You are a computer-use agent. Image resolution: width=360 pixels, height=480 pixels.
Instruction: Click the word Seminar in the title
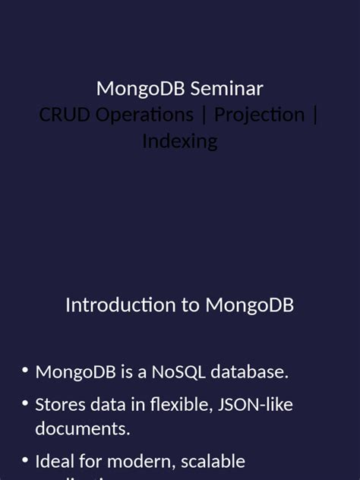pyautogui.click(x=226, y=89)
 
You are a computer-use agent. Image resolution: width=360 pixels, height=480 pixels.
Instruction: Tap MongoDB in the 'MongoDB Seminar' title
pyautogui.click(x=141, y=89)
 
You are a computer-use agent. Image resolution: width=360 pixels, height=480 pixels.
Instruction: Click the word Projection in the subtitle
pyautogui.click(x=259, y=115)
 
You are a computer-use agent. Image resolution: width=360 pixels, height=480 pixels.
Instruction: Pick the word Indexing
pyautogui.click(x=180, y=141)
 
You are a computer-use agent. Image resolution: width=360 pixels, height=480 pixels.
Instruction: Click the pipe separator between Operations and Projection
pyautogui.click(x=204, y=115)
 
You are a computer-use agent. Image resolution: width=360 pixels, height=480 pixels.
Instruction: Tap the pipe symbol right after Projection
pyautogui.click(x=315, y=115)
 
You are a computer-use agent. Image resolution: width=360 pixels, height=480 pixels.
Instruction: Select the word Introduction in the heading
pyautogui.click(x=120, y=305)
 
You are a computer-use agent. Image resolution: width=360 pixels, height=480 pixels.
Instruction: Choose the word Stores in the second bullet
pyautogui.click(x=58, y=405)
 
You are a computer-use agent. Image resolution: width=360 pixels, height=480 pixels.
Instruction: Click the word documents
pyautogui.click(x=83, y=428)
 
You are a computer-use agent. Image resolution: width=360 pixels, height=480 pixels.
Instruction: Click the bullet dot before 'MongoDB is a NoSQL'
pyautogui.click(x=25, y=371)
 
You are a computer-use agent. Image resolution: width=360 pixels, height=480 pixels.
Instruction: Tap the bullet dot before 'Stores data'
pyautogui.click(x=25, y=404)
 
